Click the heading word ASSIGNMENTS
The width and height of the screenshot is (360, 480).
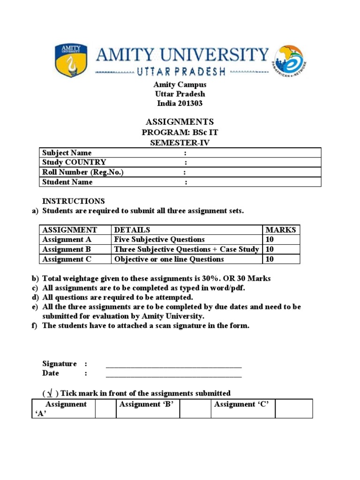click(173, 121)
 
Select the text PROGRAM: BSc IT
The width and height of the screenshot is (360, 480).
click(173, 133)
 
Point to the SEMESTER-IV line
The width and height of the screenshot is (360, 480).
click(173, 143)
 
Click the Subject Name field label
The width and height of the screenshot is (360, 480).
click(67, 153)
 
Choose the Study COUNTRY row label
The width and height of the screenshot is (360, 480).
click(74, 163)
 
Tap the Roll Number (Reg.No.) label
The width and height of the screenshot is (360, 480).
click(83, 172)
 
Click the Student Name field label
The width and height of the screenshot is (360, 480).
click(67, 182)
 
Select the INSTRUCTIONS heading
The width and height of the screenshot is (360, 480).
click(74, 201)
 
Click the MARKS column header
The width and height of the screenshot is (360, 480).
click(280, 230)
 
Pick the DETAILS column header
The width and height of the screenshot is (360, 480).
click(132, 230)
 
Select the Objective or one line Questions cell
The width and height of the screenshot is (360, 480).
click(169, 259)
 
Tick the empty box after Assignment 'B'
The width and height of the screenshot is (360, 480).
click(195, 408)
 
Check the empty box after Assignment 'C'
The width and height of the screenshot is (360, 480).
click(293, 408)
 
